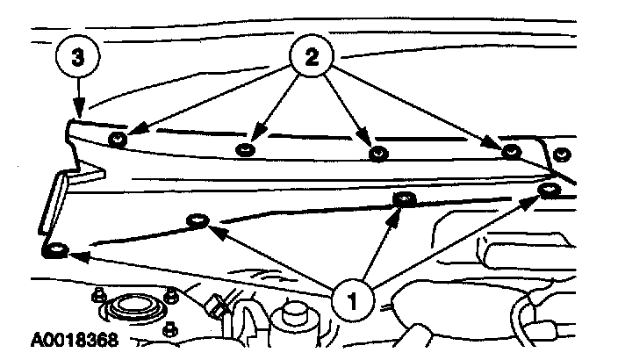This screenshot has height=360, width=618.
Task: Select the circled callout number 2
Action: pos(312,59)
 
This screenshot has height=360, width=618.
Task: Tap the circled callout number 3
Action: pos(77,59)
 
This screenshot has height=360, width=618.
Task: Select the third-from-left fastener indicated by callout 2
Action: pos(378,154)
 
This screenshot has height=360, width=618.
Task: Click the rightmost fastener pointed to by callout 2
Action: pos(511,152)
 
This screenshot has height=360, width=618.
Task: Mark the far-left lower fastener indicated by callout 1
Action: pos(56,252)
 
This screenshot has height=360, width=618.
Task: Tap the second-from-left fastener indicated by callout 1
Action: pos(196,220)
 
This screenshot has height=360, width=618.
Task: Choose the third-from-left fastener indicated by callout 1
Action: pos(403,198)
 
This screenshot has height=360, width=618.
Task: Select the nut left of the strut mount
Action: pos(97,295)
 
